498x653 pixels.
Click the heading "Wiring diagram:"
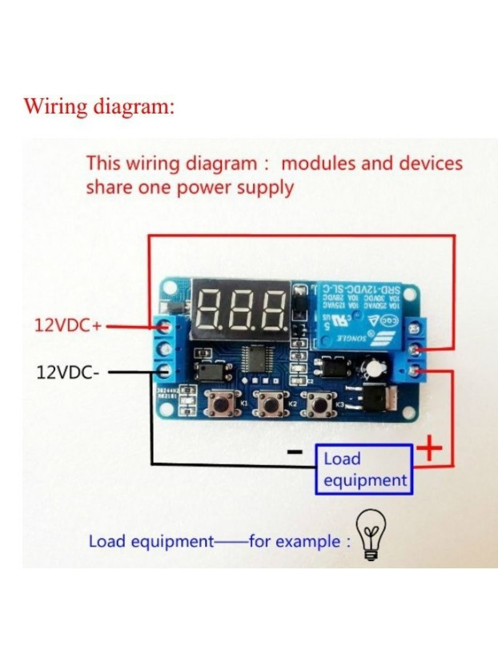point(98,106)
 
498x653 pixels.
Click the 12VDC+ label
point(68,326)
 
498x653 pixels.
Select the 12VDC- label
point(68,372)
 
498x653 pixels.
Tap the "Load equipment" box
point(365,469)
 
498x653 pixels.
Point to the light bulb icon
point(372,536)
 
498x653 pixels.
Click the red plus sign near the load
point(430,449)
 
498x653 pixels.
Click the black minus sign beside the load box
point(295,453)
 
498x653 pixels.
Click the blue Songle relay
point(357,315)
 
